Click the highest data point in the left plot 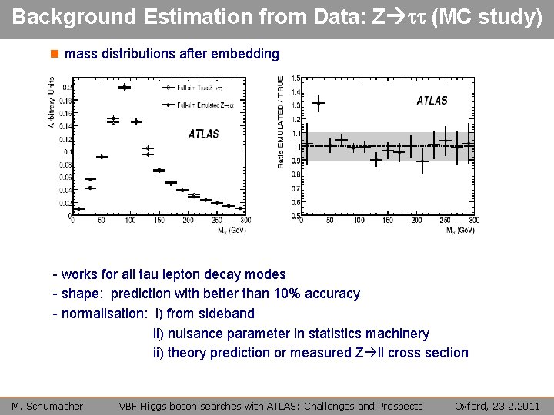(124, 88)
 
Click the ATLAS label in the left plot (204, 134)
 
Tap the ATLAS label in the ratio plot (432, 100)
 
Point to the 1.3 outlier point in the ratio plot (319, 103)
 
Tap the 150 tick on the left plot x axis (159, 221)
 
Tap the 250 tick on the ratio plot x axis (445, 221)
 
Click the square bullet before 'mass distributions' (54, 55)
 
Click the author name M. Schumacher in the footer (48, 406)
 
